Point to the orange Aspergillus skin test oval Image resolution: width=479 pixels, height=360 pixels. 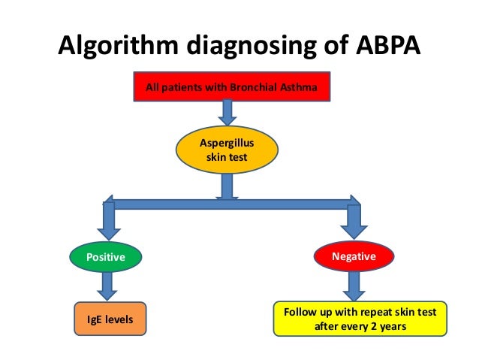click(x=226, y=150)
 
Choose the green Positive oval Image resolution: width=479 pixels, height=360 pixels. click(x=105, y=257)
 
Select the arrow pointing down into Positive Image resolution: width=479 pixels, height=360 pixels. click(x=107, y=221)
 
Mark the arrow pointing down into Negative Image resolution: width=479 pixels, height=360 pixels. click(x=353, y=222)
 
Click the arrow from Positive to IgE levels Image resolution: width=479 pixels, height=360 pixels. click(x=107, y=286)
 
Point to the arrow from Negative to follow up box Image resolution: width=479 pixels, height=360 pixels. click(x=353, y=286)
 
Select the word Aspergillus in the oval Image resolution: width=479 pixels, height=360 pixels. click(x=226, y=143)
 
